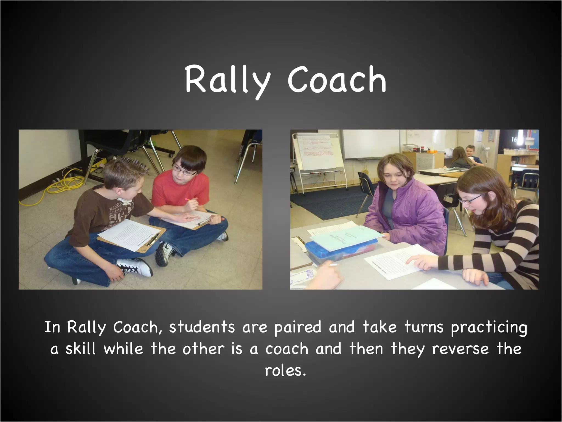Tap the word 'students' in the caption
(202, 327)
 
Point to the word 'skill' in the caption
(80, 349)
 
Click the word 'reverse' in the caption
(460, 349)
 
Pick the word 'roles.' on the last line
(285, 371)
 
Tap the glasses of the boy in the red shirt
(182, 171)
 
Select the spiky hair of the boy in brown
(123, 170)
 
